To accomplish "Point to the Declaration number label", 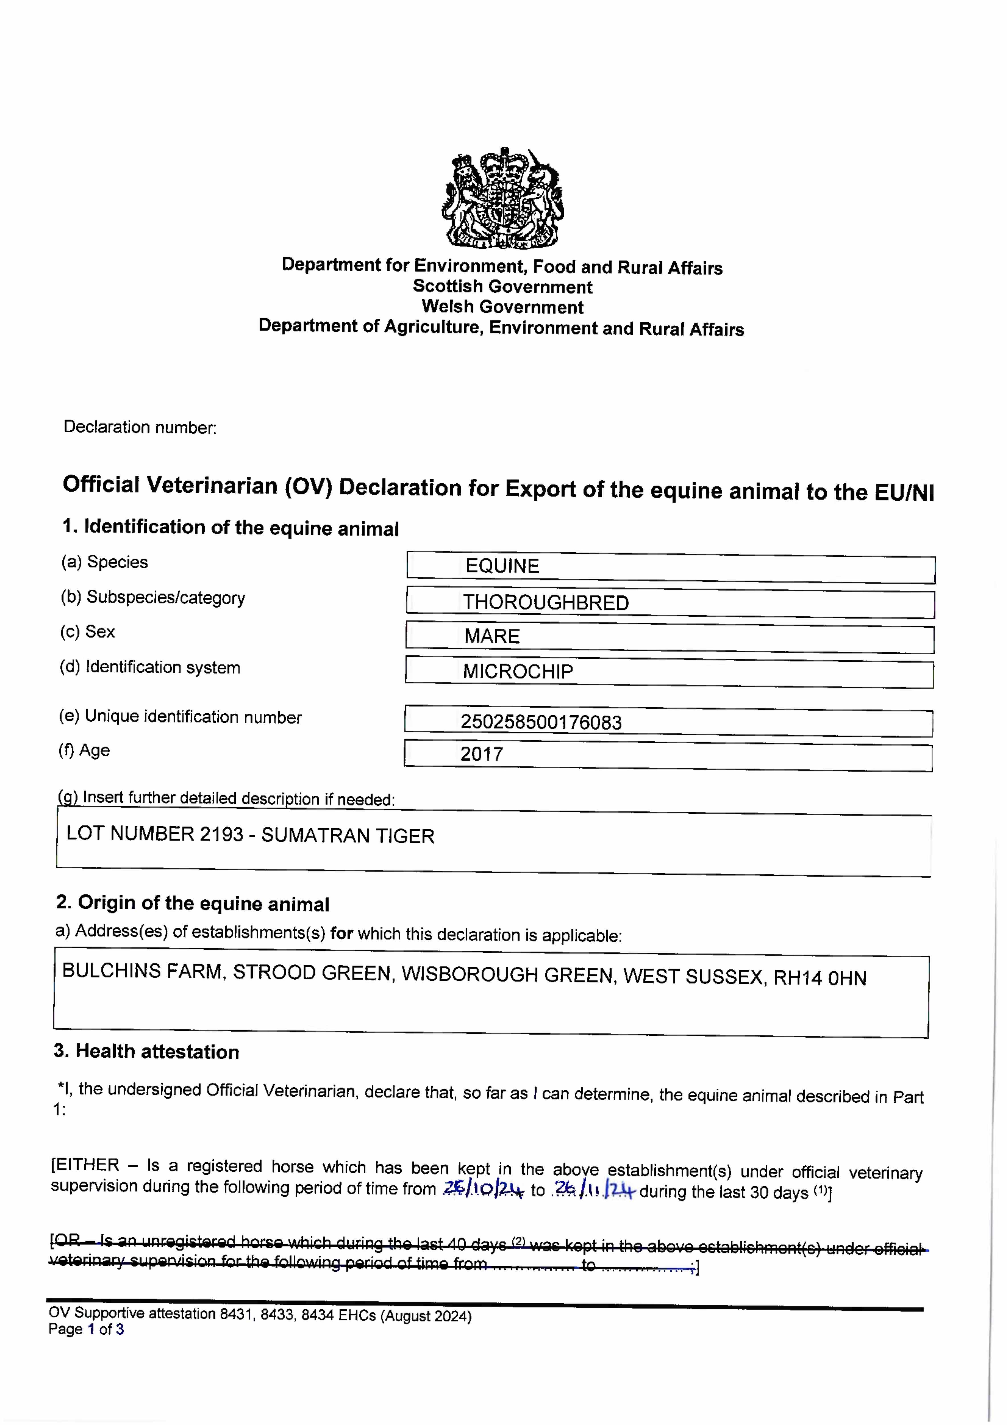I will (x=140, y=427).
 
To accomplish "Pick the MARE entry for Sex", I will (x=492, y=636).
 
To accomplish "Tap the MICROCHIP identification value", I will (x=518, y=671).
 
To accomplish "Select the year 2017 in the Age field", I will (x=481, y=754).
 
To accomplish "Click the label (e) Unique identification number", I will (x=180, y=717).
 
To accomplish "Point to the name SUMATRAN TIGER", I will (x=348, y=836).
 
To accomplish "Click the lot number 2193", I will (x=222, y=834).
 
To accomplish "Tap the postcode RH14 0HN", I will (x=820, y=979).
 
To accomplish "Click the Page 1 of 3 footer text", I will (x=86, y=1330).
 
